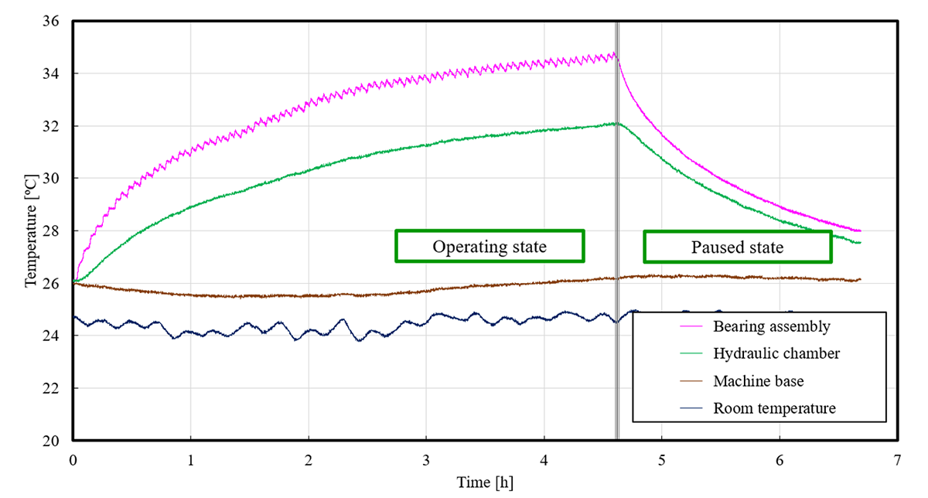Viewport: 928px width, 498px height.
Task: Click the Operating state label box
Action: (x=489, y=246)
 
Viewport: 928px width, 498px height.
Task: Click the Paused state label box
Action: (x=737, y=247)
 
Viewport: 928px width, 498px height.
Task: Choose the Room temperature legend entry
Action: (x=774, y=408)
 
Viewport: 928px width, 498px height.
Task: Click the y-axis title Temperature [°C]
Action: (x=31, y=230)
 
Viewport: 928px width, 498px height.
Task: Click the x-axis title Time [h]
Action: (x=484, y=483)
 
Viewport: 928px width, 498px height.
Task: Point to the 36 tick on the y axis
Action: (x=57, y=22)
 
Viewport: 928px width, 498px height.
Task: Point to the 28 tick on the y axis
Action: (x=57, y=231)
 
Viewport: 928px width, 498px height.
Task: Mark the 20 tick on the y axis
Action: (x=57, y=441)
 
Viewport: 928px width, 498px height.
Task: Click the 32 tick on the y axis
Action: (x=57, y=126)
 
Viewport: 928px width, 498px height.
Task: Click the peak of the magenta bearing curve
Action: (x=615, y=53)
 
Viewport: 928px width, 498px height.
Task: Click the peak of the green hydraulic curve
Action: (x=616, y=122)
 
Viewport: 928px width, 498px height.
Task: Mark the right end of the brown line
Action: (x=860, y=279)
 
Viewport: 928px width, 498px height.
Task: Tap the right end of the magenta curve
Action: (x=860, y=230)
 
